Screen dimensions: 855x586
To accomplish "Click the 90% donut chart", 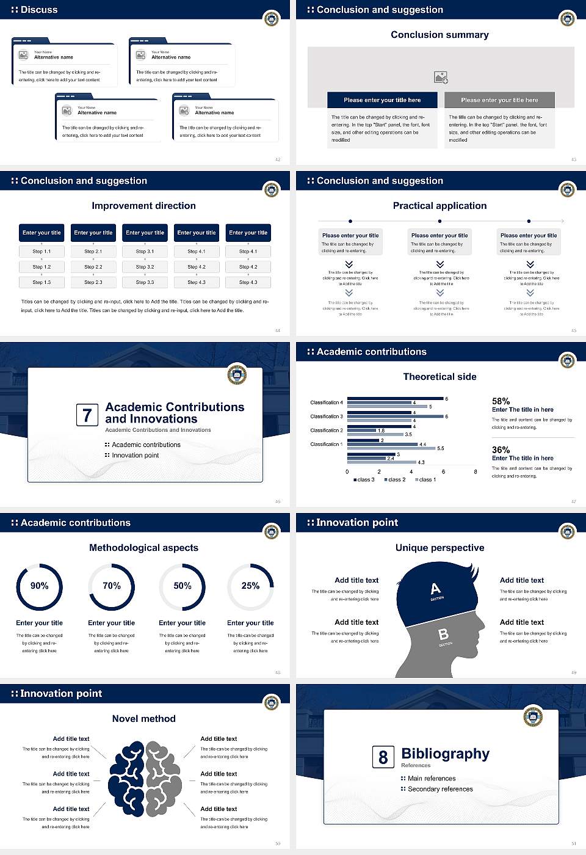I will [x=39, y=587].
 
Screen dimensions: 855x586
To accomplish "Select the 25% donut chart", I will [x=250, y=587].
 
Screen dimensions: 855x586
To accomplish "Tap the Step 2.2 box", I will [x=93, y=267].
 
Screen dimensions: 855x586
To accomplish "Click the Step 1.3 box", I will [x=42, y=282].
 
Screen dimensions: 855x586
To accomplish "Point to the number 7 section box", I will [x=87, y=415].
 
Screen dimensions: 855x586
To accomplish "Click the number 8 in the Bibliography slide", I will [x=383, y=757].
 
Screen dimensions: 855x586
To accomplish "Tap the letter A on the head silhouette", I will [x=435, y=589].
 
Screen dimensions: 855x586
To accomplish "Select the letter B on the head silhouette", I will [x=443, y=635].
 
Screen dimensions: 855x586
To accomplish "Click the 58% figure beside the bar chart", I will [x=501, y=401].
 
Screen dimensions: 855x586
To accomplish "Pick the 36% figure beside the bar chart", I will [x=501, y=449].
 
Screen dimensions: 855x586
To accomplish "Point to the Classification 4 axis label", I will [x=326, y=402].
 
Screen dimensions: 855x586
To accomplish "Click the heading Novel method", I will [x=143, y=719].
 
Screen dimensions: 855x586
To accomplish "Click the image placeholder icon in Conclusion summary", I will [x=441, y=77].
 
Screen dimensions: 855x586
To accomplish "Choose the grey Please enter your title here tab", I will [x=499, y=100].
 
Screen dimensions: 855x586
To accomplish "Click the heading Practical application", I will [x=440, y=206].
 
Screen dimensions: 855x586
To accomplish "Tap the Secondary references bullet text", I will [x=440, y=789].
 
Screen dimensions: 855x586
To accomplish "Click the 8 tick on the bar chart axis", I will [x=476, y=471].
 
